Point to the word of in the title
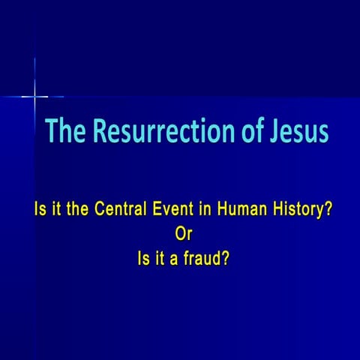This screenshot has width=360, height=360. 242,132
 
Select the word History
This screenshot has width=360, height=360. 298,211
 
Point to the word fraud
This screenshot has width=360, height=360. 201,260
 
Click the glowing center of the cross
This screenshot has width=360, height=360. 35,96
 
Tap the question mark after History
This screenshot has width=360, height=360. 329,211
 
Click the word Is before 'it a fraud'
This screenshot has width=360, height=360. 137,260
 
